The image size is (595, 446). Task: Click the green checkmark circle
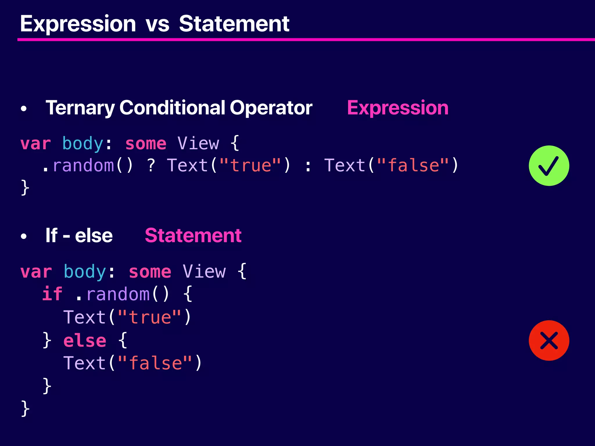point(549,166)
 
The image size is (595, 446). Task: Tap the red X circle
point(549,341)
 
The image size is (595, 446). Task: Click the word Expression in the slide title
point(78,24)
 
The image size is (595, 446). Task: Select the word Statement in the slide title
point(234,24)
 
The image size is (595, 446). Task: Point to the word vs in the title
point(157,24)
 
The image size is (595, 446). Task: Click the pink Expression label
point(398,108)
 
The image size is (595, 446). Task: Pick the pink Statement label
point(193,235)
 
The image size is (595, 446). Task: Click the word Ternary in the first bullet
point(80,108)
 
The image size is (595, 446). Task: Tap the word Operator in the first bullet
point(271,108)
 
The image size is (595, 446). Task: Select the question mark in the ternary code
point(151,166)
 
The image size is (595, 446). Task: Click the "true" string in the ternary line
point(250,166)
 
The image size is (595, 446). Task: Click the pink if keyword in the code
point(52,294)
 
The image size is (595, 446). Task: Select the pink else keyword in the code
point(85,340)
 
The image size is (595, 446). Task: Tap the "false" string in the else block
point(155,363)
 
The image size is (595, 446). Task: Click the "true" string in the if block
point(150,317)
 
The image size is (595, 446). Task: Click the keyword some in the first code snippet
point(146,144)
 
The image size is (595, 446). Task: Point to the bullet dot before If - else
point(24,236)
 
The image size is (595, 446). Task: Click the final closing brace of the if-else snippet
point(25,408)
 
